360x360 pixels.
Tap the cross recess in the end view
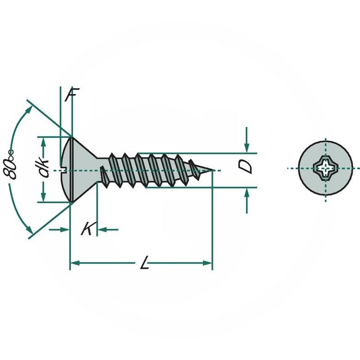point(325,170)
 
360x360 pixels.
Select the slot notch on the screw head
point(63,170)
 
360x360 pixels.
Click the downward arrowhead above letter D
point(247,148)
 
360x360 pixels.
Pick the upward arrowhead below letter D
point(247,193)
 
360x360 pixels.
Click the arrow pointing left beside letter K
point(102,229)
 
